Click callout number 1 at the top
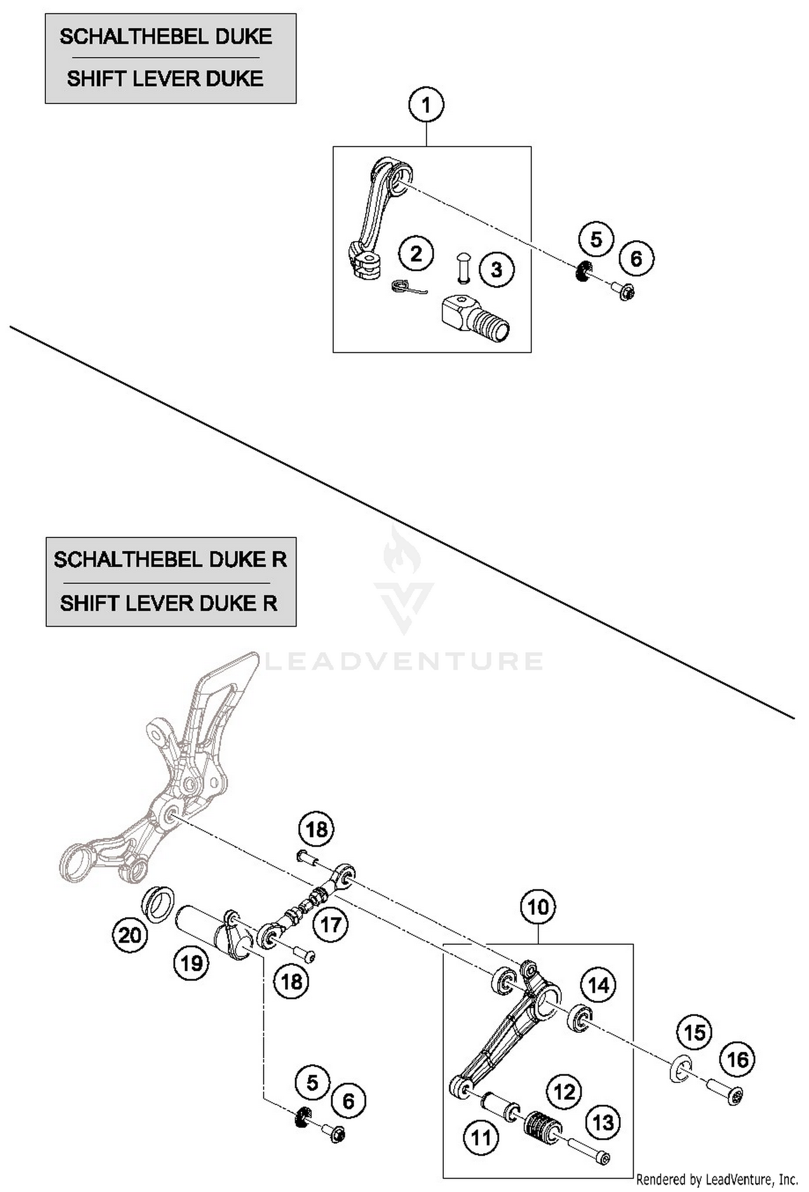tap(426, 105)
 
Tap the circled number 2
tap(416, 254)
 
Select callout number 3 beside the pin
tap(496, 269)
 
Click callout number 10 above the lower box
tap(538, 907)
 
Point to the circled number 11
tap(481, 1138)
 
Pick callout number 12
tap(565, 1092)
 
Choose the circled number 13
tap(603, 1122)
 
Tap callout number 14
tap(598, 985)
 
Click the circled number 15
tap(695, 1033)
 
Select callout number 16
tap(738, 1059)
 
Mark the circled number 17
tap(331, 924)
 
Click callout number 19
tap(191, 963)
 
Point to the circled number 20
tap(130, 935)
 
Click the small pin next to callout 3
tap(462, 267)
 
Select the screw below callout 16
tap(725, 1093)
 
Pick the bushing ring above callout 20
tap(157, 903)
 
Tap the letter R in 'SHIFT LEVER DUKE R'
tap(270, 602)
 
